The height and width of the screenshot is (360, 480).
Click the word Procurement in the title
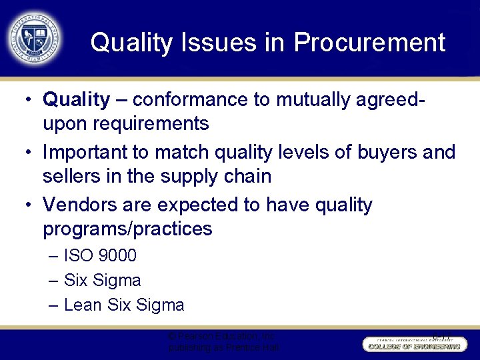tap(369, 43)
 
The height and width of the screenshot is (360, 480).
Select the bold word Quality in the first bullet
tap(76, 100)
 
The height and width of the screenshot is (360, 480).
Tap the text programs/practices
tap(127, 229)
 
